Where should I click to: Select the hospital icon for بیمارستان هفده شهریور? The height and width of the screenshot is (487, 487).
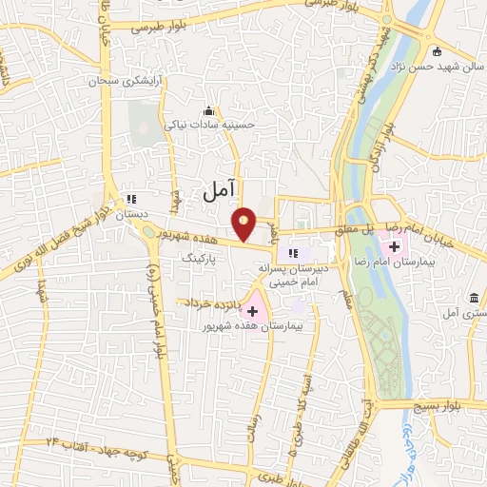point(252,311)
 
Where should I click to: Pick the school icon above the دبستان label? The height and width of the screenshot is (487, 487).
point(131,200)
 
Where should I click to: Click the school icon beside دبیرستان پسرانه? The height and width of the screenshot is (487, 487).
point(293,253)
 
